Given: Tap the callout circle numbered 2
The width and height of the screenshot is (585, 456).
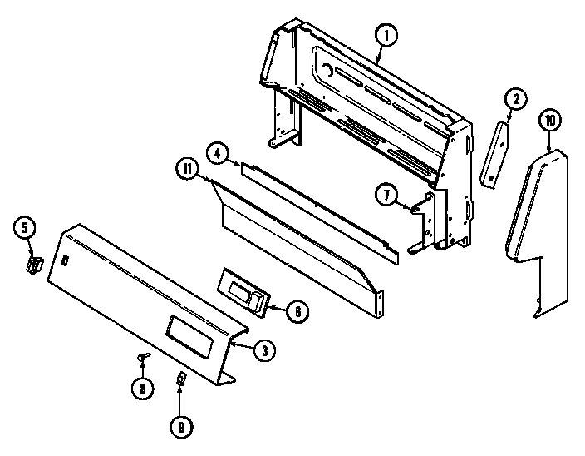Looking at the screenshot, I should [514, 100].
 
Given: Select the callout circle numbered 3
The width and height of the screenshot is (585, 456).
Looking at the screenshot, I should [263, 350].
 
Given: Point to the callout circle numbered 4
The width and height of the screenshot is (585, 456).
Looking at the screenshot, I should [216, 154].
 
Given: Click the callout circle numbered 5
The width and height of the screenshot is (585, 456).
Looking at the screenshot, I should [24, 227].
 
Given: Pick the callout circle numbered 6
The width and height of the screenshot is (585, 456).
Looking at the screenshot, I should [297, 311].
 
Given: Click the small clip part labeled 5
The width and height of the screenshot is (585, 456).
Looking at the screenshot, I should [33, 265].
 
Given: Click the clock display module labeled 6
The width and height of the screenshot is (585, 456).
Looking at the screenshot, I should [243, 292].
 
